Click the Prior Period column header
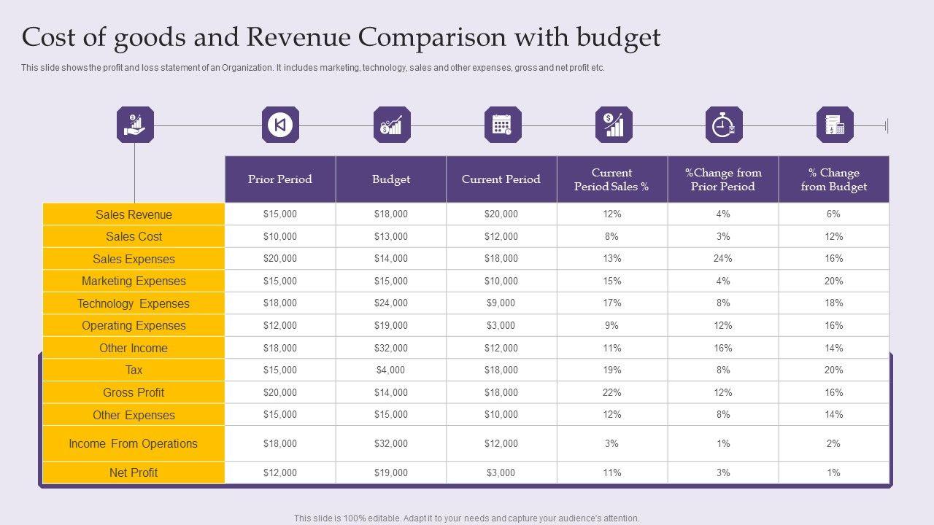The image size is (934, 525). pos(280,179)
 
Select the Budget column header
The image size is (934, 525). pos(391,179)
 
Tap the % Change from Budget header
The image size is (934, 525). pos(833,179)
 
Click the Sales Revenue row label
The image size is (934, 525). pos(134,214)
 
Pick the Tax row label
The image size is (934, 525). pos(134,370)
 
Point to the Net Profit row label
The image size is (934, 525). pos(134,472)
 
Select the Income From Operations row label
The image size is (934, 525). pos(134,443)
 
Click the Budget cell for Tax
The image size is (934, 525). pos(391,370)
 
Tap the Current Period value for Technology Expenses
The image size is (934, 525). pos(501,303)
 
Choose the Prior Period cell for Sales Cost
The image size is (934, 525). pos(280,236)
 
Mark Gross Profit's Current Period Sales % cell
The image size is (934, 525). pos(611,392)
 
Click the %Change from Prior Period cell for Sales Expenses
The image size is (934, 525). pos(722,258)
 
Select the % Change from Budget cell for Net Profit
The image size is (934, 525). pos(833,472)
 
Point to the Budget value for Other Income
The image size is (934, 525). pos(391,348)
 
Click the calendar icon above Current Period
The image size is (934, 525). pos(503,125)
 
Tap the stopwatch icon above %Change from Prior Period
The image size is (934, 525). pos(724,125)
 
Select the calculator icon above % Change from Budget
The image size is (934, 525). pos(835,125)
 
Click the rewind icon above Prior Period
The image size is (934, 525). pos(280,125)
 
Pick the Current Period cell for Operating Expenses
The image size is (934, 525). pos(501,325)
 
